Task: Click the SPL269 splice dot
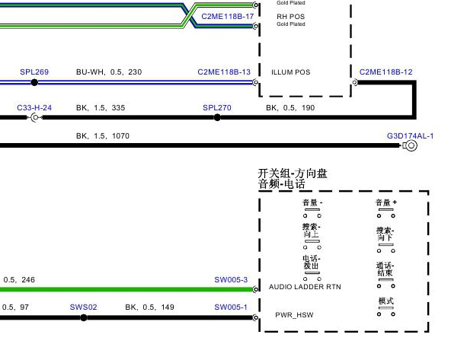coord(34,82)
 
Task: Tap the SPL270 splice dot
coord(217,117)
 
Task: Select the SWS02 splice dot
coord(84,317)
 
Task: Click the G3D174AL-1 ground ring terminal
coord(411,145)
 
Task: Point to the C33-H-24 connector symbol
coord(35,117)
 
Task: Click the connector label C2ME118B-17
coord(228,17)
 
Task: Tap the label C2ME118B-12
coord(386,72)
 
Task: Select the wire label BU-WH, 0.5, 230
coord(109,72)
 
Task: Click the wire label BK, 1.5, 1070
coord(103,136)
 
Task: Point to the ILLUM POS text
coord(291,72)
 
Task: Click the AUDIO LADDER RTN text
coord(305,287)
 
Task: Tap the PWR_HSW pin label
coord(294,315)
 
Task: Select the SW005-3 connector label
coord(231,279)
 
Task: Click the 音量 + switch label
coord(386,202)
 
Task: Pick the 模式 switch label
coord(386,301)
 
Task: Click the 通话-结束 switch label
coord(385,269)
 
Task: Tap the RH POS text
coord(291,17)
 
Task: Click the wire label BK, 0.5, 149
coord(150,307)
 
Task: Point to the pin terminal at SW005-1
coord(255,317)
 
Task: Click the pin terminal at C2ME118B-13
coord(255,82)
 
